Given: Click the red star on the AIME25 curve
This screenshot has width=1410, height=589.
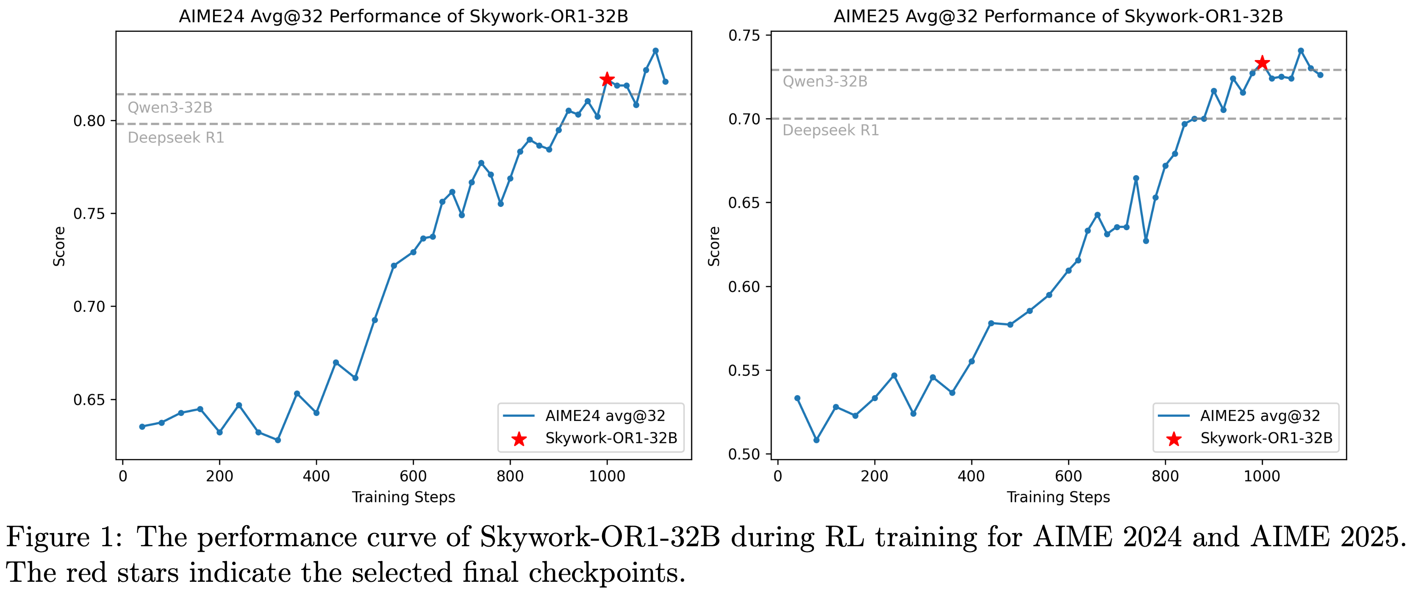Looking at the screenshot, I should click(1262, 63).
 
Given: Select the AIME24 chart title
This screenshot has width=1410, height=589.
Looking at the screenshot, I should click(403, 17).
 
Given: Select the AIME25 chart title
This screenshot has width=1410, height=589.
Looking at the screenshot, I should click(1058, 17).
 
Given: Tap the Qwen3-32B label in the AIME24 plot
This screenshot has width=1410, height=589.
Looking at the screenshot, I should click(169, 107).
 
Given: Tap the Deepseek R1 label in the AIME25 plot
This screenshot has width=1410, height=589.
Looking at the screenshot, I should click(830, 130).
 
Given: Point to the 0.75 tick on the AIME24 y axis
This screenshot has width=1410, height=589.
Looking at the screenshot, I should click(90, 214).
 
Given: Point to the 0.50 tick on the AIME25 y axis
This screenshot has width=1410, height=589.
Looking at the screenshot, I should click(744, 454).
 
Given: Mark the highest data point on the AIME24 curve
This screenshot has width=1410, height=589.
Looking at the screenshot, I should click(655, 51).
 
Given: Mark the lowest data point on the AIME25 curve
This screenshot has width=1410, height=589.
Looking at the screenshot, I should click(816, 440).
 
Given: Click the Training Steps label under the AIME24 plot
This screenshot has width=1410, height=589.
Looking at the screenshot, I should click(403, 497).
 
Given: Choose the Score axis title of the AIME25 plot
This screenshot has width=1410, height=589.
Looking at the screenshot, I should click(714, 246).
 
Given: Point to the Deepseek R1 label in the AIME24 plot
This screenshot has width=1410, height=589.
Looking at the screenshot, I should click(176, 138).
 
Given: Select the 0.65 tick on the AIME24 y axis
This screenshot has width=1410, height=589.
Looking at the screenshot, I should click(90, 400).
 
